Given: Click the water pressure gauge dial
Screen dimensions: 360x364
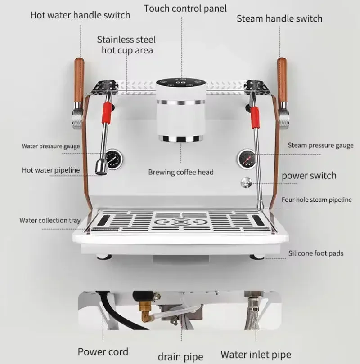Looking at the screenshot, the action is [x=114, y=160].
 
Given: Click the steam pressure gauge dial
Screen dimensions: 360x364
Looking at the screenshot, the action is [x=246, y=159].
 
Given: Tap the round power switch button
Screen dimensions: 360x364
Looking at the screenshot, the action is [x=246, y=182].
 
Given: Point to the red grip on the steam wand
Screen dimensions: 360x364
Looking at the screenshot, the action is [x=255, y=117].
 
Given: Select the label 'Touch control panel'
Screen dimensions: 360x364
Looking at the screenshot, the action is [x=185, y=9].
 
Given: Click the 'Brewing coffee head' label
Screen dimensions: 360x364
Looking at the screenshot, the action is [x=181, y=172].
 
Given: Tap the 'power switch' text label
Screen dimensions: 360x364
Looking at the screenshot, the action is [x=309, y=176].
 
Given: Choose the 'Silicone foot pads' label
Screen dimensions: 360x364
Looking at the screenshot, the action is [x=316, y=253].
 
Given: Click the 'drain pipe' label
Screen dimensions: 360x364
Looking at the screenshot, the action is [x=180, y=356].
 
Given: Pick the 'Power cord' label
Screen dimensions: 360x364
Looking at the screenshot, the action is [x=103, y=352].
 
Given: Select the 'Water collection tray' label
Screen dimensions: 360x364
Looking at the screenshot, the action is [x=50, y=220].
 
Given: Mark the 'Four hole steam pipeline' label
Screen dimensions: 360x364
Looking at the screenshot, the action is [x=316, y=200].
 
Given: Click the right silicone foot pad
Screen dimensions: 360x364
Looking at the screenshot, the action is [x=257, y=257].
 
